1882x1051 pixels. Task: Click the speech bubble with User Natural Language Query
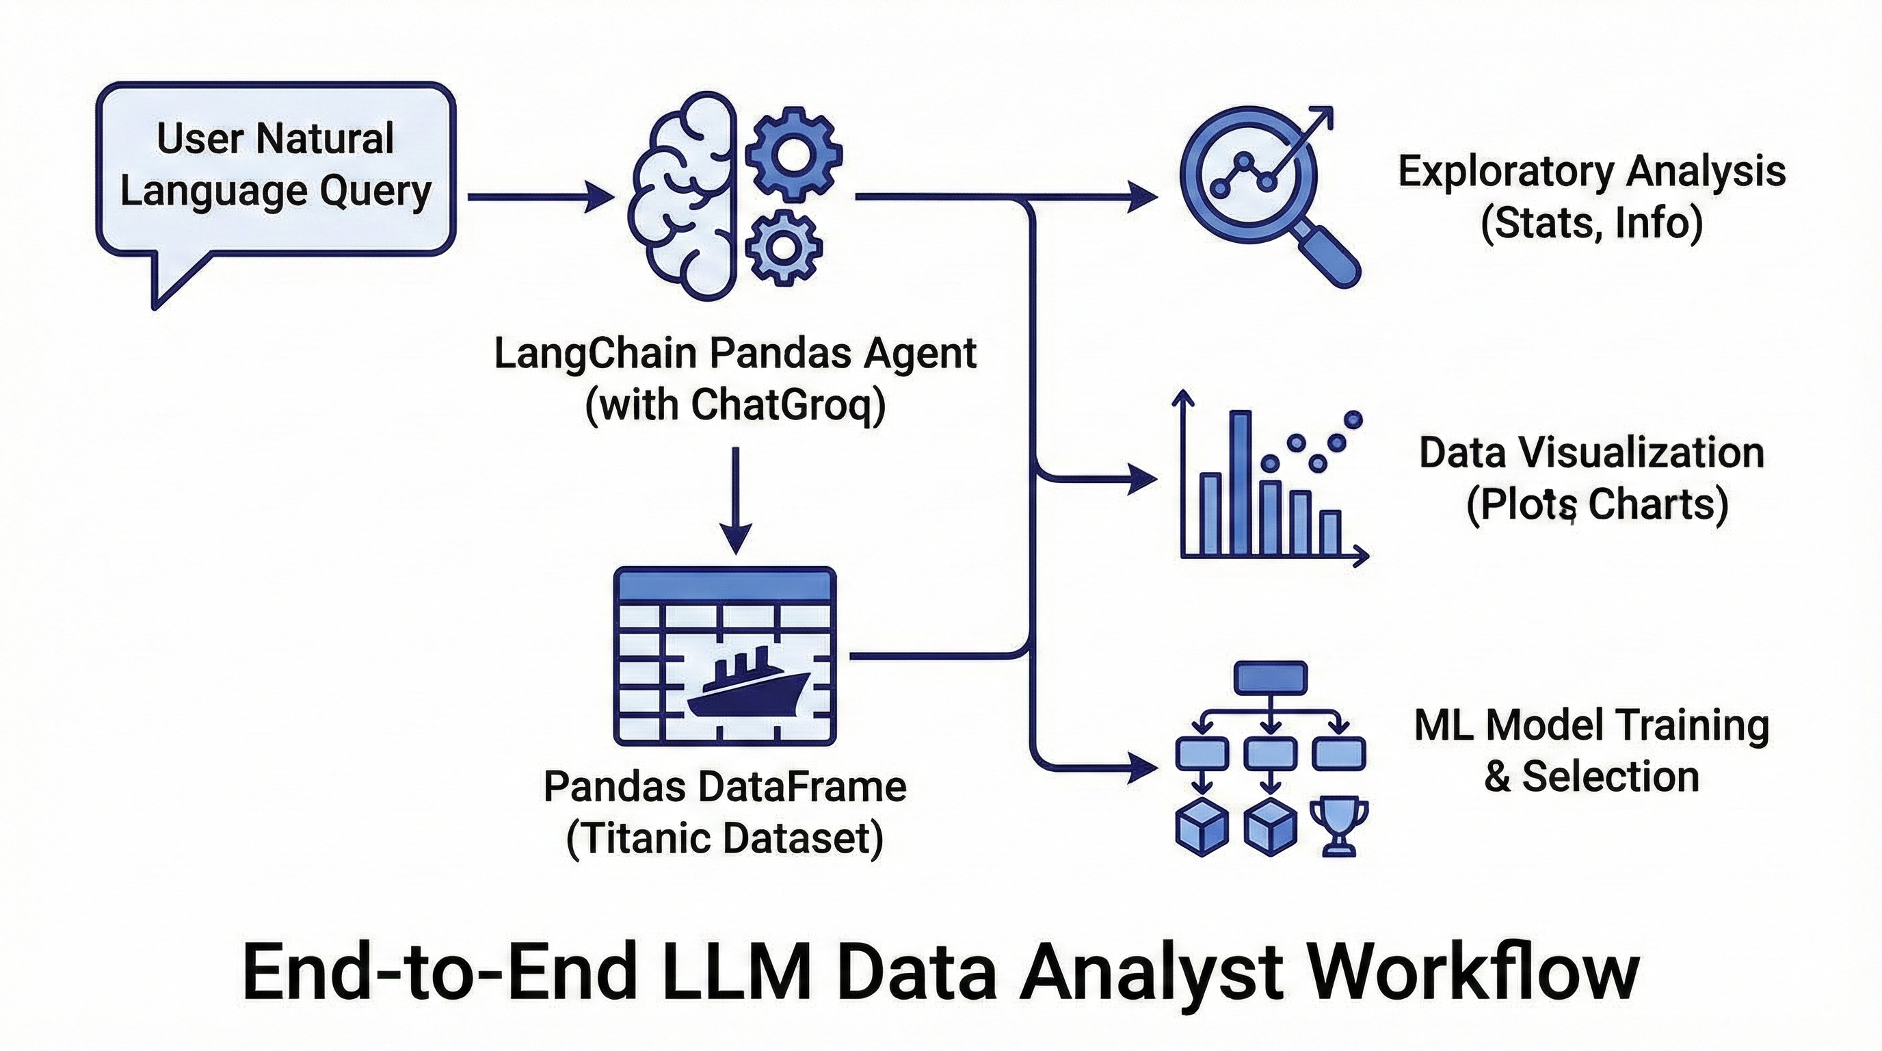pos(276,168)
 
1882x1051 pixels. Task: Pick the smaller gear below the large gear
pos(783,247)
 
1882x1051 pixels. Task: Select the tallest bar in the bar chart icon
pos(1241,482)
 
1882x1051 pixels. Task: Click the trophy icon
pos(1339,827)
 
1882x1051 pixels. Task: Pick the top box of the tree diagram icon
pos(1271,677)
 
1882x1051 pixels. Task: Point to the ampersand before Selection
pos(1497,777)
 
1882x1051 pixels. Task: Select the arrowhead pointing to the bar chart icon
pos(1143,480)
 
